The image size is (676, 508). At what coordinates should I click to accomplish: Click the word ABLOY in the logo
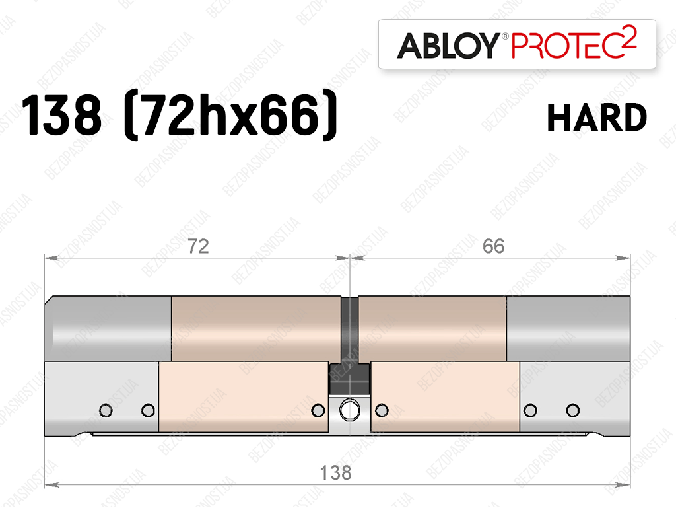[x=448, y=46]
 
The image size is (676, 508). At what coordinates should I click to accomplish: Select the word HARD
[x=597, y=118]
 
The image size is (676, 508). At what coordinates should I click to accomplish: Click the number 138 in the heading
[x=61, y=116]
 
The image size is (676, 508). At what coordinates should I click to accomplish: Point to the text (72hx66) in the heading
[x=230, y=114]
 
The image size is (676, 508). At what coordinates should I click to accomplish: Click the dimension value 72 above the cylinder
[x=198, y=246]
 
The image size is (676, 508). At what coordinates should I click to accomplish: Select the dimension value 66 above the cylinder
[x=494, y=246]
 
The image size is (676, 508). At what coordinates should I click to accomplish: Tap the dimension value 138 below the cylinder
[x=336, y=473]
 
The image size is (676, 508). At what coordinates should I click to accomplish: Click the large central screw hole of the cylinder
[x=350, y=410]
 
